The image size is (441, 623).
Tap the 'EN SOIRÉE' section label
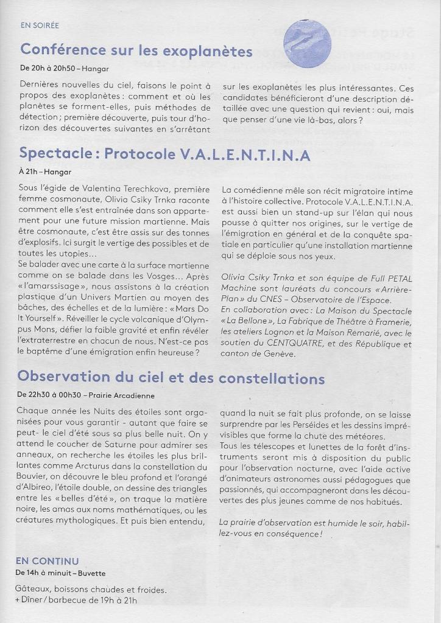40,26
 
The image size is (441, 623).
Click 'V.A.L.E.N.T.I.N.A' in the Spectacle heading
245,155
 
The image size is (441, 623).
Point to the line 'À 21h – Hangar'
44,173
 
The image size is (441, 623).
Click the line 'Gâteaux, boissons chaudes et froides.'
90,590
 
